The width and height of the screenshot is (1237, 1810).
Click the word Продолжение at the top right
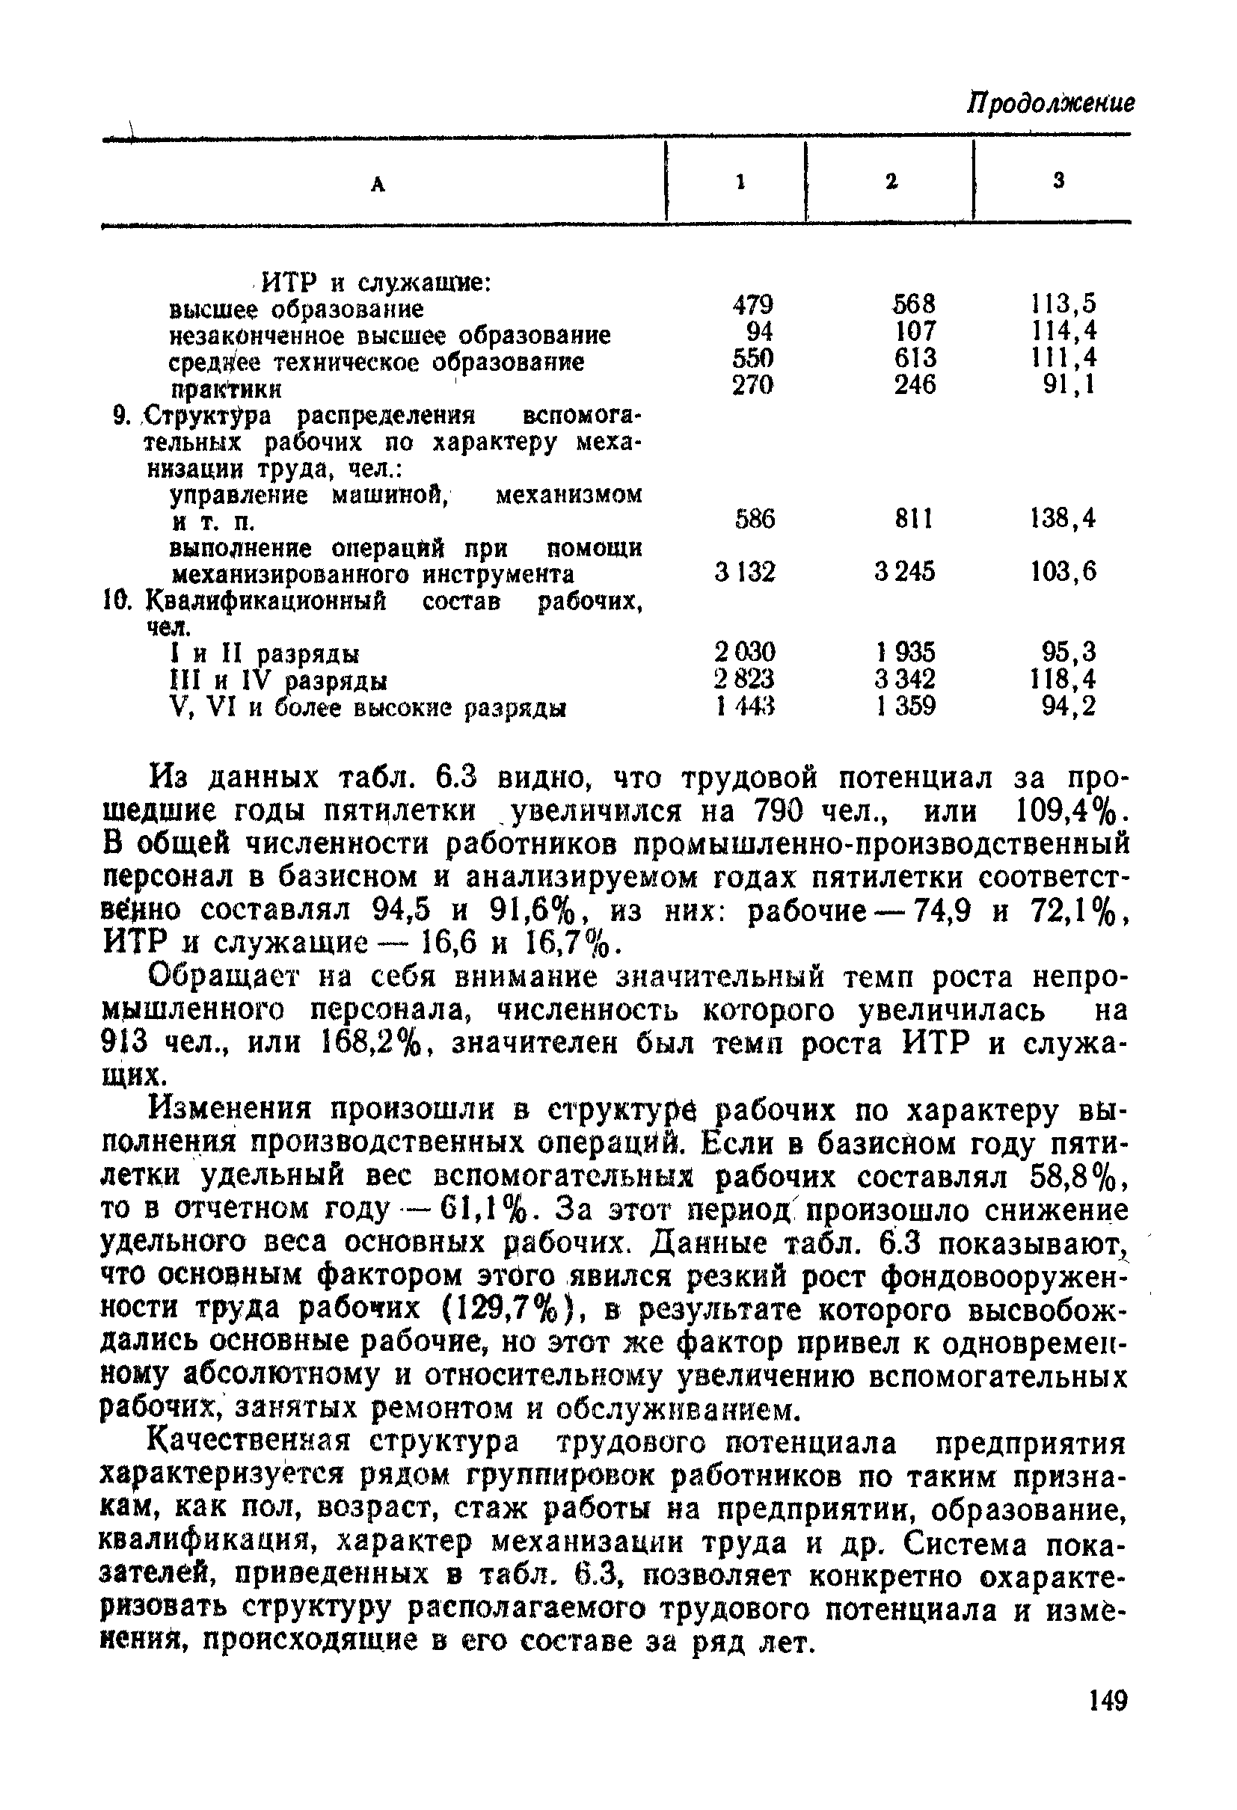(1051, 104)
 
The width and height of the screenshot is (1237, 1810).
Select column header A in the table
(378, 185)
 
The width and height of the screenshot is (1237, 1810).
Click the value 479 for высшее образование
(753, 304)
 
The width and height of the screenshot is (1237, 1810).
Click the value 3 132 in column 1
(746, 573)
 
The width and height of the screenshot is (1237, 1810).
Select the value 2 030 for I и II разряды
(746, 651)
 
